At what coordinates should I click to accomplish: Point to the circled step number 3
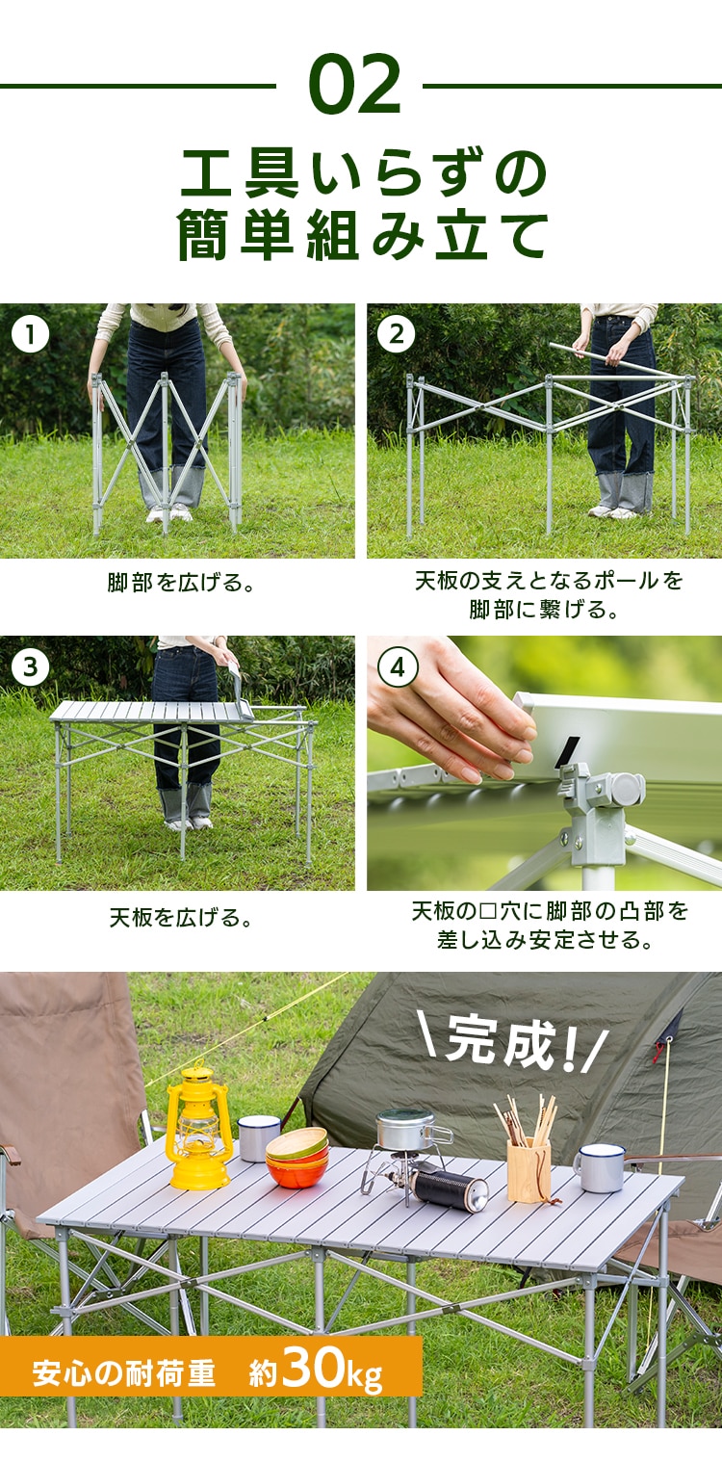tap(31, 666)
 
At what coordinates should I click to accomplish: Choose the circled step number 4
tap(397, 666)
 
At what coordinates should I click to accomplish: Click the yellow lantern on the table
tap(198, 1126)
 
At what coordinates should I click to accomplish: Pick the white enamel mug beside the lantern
tap(258, 1137)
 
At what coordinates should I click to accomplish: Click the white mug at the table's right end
tap(602, 1167)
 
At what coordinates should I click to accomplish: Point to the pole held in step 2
tap(616, 361)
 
